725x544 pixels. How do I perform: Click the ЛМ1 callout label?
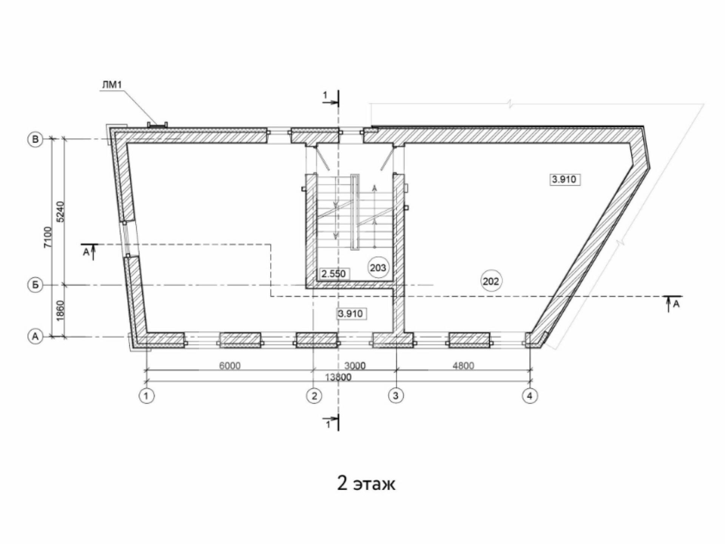click(112, 85)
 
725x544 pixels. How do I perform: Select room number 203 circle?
click(378, 268)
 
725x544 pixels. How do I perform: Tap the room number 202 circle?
click(491, 281)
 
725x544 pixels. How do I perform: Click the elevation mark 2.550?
click(334, 274)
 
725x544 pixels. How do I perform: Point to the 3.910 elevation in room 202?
click(565, 179)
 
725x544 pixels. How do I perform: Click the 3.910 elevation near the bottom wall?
click(351, 313)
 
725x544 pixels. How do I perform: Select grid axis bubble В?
click(35, 139)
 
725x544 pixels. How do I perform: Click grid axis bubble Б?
click(35, 285)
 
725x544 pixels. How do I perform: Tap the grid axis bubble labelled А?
click(35, 336)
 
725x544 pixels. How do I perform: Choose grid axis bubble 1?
click(147, 396)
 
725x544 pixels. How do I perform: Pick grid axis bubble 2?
click(314, 396)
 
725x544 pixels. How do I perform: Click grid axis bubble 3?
click(396, 396)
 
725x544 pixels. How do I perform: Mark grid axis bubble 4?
click(530, 396)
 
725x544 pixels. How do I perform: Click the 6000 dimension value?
click(230, 365)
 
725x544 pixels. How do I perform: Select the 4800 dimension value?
click(463, 365)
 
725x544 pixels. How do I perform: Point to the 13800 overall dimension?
click(338, 377)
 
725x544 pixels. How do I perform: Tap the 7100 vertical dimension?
click(48, 237)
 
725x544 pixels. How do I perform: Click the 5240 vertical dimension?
click(62, 212)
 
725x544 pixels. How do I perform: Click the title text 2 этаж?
click(366, 483)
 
